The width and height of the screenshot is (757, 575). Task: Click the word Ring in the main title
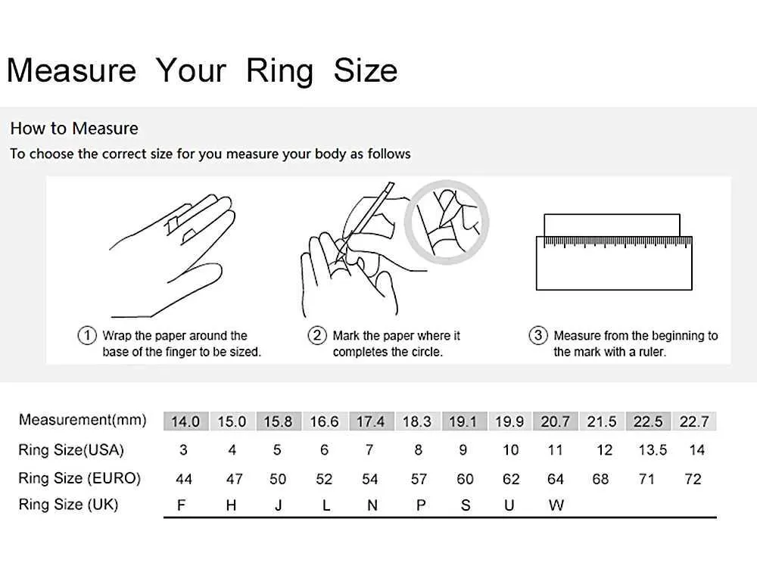coord(280,71)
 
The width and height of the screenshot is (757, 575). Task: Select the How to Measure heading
coord(74,129)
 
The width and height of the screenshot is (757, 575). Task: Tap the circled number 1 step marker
coord(87,334)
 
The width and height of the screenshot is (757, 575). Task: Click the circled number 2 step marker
coord(317,334)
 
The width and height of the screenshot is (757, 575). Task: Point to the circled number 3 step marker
coord(537,334)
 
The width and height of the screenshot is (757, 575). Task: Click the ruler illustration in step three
coord(614,263)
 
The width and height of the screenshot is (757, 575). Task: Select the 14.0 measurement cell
coord(186,421)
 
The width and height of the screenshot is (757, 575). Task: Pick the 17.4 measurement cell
coord(371,421)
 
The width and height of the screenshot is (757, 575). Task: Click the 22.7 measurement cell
coord(693,421)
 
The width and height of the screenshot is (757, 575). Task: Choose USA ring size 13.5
coord(653,450)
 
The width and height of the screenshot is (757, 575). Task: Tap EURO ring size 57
coord(419,479)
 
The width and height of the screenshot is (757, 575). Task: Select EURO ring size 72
coord(693,479)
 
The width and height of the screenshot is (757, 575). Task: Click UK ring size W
coord(556,505)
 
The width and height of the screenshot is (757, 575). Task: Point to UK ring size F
coord(182,505)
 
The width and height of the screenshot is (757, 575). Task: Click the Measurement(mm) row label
coord(83,420)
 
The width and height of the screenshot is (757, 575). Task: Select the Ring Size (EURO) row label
coord(79,478)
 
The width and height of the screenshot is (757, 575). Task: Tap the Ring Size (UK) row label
coord(68,505)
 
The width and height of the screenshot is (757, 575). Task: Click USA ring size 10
coord(510,450)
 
